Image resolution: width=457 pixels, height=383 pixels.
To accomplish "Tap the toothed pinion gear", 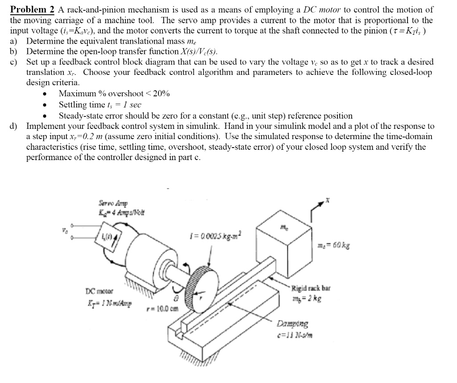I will [201, 285].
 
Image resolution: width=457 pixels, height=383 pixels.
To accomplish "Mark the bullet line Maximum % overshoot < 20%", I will [114, 93].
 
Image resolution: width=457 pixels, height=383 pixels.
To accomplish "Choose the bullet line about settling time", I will [100, 104].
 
